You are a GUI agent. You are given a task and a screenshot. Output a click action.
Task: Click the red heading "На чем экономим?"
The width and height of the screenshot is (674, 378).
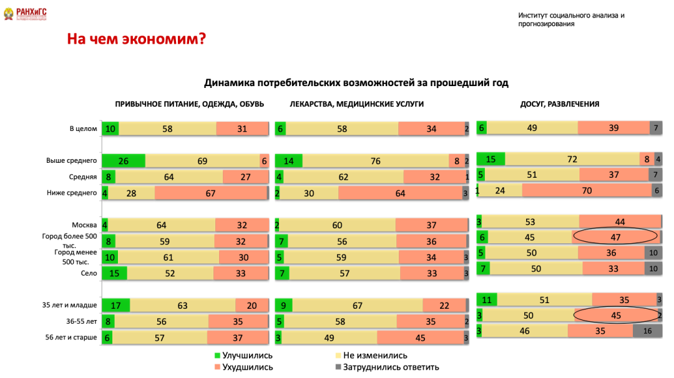[x=136, y=40]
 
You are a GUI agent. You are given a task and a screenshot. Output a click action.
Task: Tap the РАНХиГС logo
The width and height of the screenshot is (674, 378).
[x=26, y=14]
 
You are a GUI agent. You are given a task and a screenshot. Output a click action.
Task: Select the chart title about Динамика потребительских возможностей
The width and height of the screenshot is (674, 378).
[x=356, y=82]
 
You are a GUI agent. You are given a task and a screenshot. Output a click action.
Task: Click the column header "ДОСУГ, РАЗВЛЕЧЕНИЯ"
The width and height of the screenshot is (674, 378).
[x=560, y=104]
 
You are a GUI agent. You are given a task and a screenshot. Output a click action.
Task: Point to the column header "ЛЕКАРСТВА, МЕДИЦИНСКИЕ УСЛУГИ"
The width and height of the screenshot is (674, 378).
[x=356, y=104]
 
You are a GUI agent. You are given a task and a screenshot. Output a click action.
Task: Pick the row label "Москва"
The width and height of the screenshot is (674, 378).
[x=84, y=225]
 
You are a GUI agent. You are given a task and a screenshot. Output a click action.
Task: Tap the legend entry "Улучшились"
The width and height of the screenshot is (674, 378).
[x=248, y=356]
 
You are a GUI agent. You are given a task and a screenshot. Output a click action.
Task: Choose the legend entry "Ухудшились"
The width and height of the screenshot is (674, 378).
[x=247, y=367]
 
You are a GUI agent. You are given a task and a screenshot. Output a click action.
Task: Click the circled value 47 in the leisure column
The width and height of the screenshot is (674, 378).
[x=615, y=236]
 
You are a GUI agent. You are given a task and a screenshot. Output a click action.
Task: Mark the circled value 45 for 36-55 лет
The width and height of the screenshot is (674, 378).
[x=615, y=316]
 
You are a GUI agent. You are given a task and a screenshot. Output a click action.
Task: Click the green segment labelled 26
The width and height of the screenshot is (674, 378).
[x=124, y=161]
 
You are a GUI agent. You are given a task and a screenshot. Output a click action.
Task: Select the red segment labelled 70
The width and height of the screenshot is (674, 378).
[x=587, y=191]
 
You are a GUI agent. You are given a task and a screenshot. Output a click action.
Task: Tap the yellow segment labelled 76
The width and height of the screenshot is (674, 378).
[x=375, y=161]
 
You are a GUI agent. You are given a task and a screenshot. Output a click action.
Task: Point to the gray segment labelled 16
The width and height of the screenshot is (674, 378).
[x=647, y=331]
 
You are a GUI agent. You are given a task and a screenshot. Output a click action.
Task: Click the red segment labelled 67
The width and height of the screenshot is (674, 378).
[x=210, y=193]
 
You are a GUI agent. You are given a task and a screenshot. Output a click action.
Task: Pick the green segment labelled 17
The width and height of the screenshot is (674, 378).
[x=116, y=306]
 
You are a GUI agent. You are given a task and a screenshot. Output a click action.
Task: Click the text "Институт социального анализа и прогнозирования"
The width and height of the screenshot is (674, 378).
[x=571, y=19]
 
